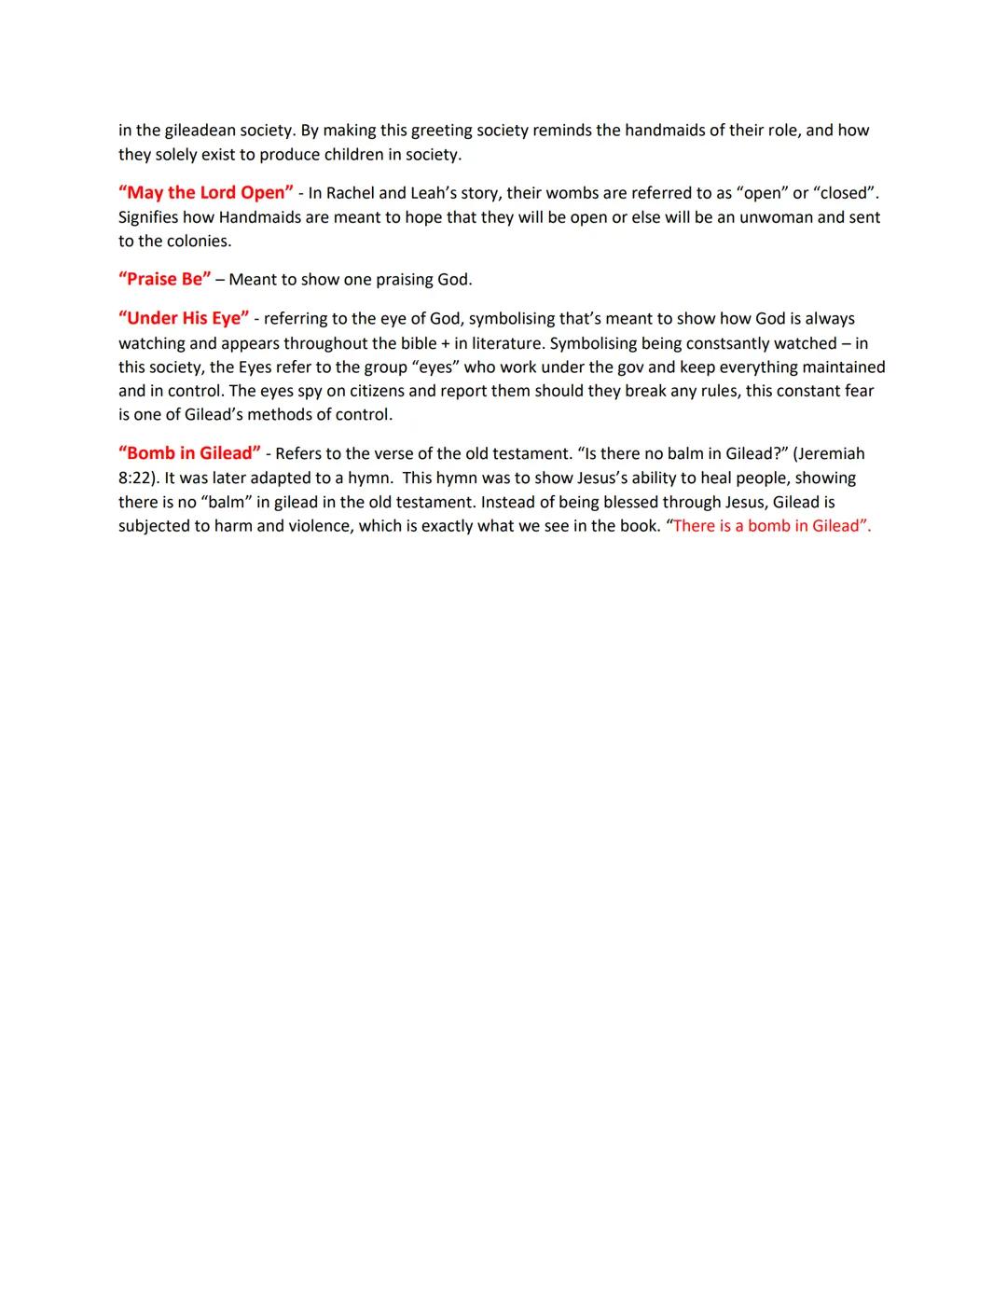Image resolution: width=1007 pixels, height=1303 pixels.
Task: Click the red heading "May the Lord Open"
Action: [205, 193]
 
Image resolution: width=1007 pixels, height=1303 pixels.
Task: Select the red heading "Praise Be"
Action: [165, 279]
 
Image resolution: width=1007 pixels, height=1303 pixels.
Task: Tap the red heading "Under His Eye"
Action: [183, 318]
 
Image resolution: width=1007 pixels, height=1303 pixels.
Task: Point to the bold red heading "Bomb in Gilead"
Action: [189, 453]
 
